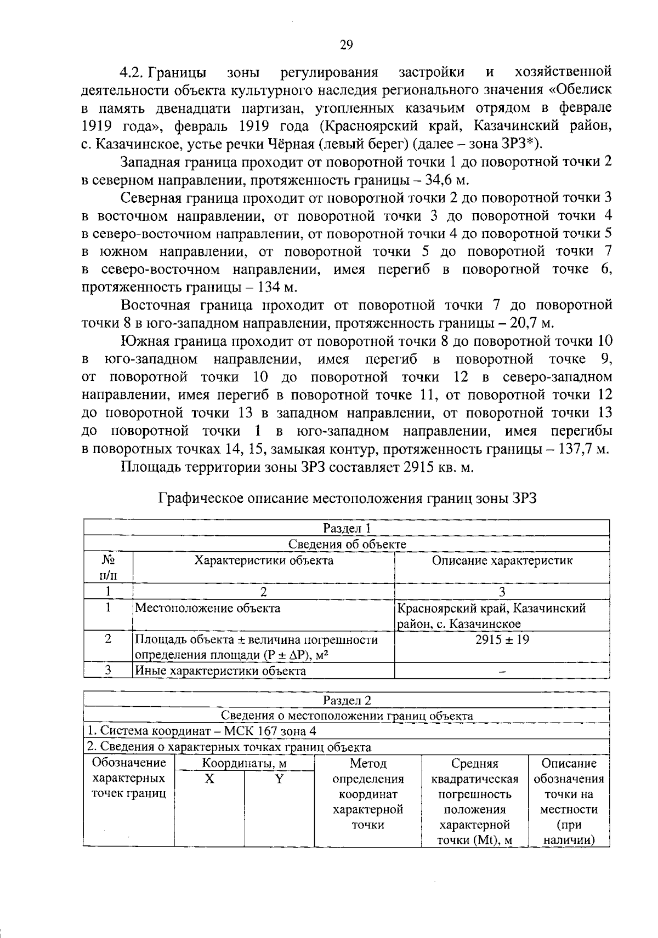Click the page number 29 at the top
pos(347,45)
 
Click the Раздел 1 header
pos(347,528)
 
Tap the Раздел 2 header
pos(347,700)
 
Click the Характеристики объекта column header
pos(264,560)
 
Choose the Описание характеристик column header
pos(502,560)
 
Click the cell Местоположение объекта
pos(208,608)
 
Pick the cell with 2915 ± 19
pos(502,639)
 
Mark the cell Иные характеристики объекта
pos(220,671)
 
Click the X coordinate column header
pos(209,779)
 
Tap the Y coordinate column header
pos(279,779)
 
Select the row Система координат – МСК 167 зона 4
pos(202,731)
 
